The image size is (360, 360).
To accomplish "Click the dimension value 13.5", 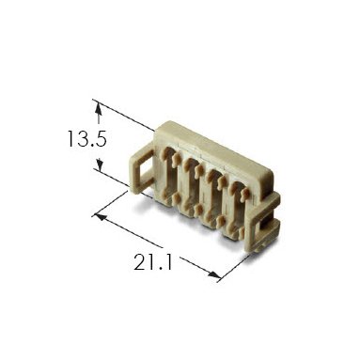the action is tap(87, 139).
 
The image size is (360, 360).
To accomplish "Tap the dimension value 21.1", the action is tap(153, 262).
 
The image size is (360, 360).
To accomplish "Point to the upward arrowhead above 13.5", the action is tap(99, 109).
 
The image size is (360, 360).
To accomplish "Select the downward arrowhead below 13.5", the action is tap(100, 164).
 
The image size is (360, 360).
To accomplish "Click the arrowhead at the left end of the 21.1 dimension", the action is tap(100, 217).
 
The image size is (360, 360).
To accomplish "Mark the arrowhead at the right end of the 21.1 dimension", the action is tap(214, 274).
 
